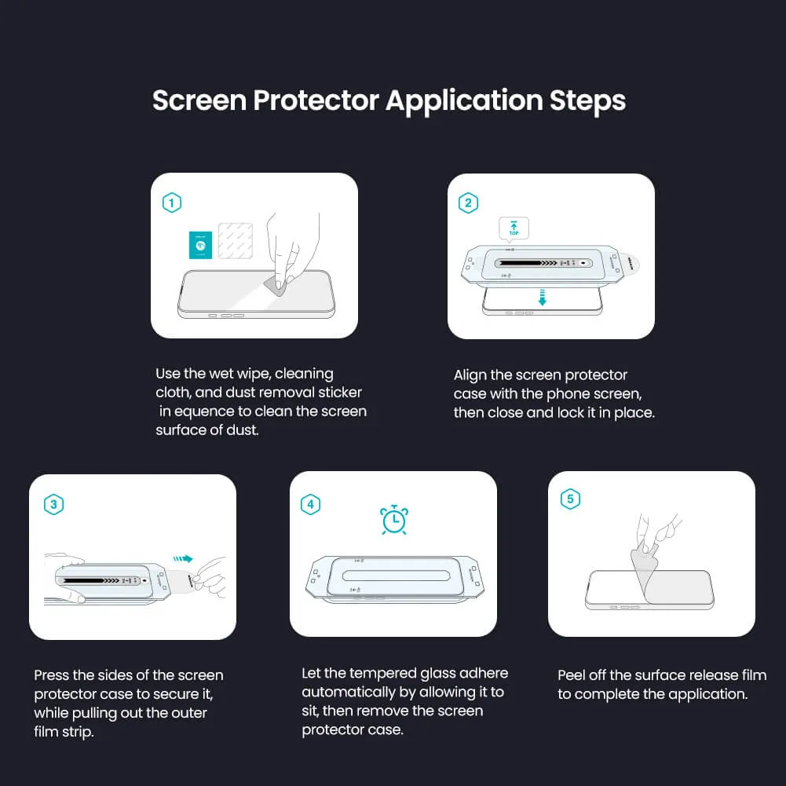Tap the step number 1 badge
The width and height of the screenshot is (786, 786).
point(172,203)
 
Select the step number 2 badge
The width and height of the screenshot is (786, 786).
point(468,203)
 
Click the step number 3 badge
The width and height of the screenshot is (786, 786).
point(53,504)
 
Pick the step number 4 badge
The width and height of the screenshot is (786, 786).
point(311,504)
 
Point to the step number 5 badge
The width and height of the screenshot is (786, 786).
point(570,499)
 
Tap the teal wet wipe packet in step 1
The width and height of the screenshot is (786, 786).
point(201,245)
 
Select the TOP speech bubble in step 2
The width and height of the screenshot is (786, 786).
point(514,228)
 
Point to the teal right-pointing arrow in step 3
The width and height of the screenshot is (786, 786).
point(183,559)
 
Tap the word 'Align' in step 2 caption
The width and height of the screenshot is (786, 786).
point(470,375)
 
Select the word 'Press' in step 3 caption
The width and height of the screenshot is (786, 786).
point(51,675)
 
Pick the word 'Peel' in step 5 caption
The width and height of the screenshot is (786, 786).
point(572,675)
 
